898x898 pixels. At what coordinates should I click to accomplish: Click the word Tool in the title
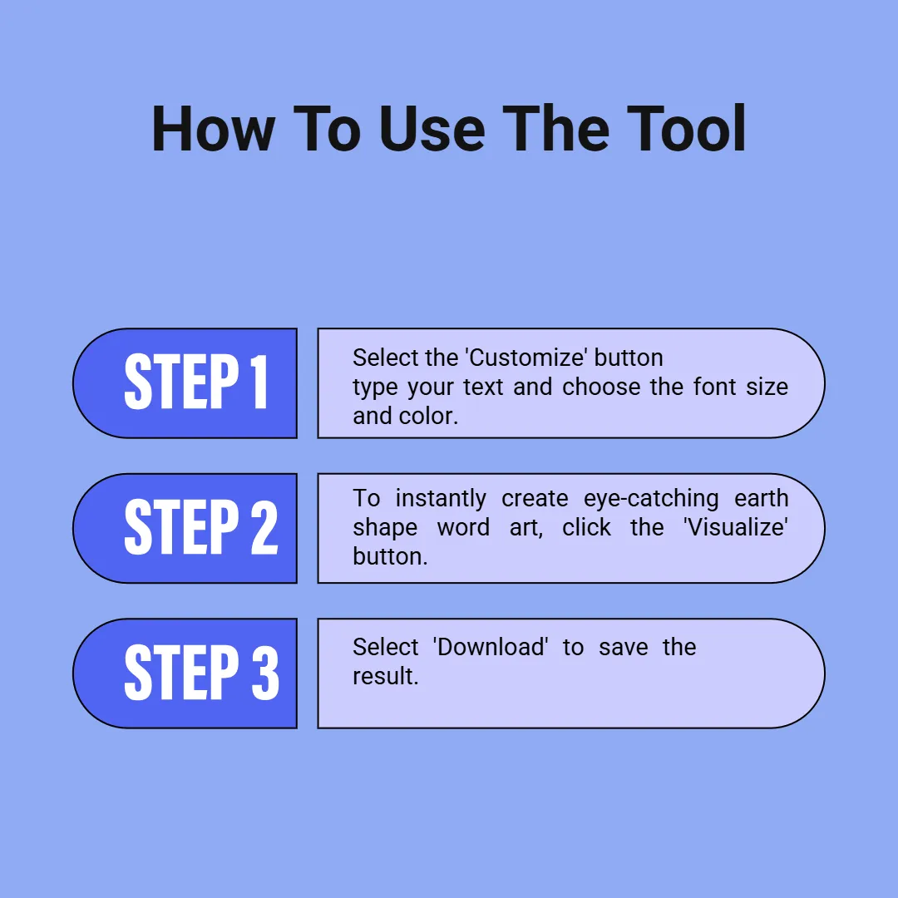[686, 129]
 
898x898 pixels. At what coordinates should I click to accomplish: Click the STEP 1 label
[196, 382]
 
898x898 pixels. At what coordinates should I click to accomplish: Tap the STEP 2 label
[201, 526]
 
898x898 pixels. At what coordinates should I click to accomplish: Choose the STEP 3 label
[201, 672]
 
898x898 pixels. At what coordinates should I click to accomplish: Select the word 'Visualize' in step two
[735, 527]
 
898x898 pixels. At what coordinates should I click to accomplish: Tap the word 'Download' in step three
[491, 647]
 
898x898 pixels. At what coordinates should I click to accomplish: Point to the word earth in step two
[761, 498]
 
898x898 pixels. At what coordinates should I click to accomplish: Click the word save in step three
[623, 648]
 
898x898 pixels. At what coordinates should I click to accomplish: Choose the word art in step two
[526, 527]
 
